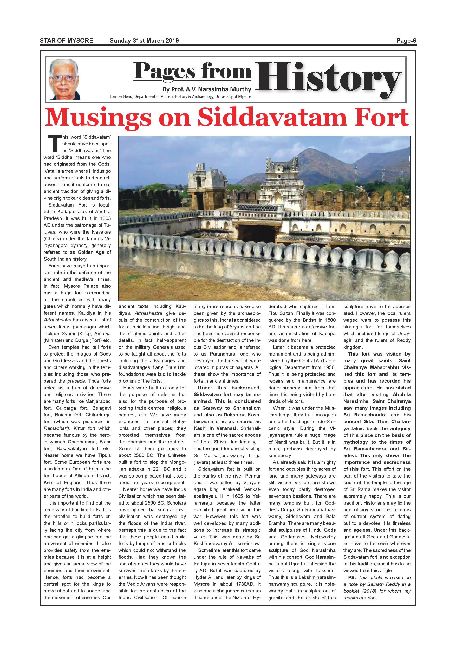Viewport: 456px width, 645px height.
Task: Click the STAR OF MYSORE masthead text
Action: (66, 41)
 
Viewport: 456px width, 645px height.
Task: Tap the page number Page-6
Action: (406, 41)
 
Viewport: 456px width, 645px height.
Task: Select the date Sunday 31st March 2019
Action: (144, 41)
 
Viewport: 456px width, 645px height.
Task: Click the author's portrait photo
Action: (65, 80)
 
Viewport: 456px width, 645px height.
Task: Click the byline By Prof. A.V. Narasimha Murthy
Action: (207, 89)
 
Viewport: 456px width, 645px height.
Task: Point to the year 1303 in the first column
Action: (105, 218)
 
